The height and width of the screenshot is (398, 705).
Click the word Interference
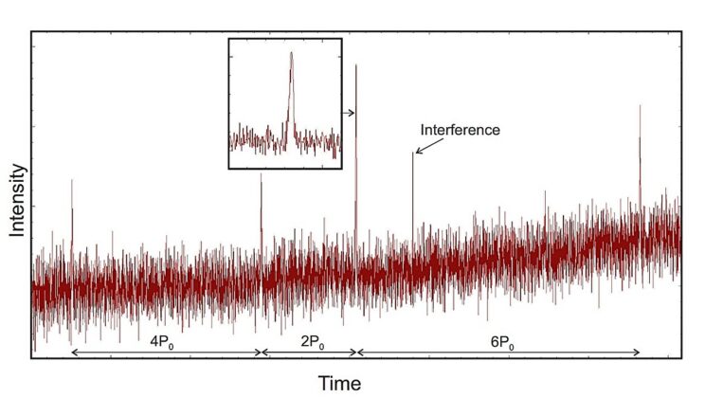coord(460,130)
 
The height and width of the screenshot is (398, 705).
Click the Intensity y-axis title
coord(18,199)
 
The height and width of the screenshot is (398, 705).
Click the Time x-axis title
coord(338,383)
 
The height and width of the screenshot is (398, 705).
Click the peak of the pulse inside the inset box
coord(291,53)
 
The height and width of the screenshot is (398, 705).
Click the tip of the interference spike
coord(413,153)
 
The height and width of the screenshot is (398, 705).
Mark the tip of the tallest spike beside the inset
coord(356,65)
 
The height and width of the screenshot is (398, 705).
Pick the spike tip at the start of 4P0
coord(72,179)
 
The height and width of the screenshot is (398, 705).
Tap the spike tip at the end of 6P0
coord(640,105)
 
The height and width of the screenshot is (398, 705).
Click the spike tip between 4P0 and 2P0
coord(262,174)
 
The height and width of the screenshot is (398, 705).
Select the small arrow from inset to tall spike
coord(349,113)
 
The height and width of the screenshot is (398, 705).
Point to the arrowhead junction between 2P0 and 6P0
coord(356,353)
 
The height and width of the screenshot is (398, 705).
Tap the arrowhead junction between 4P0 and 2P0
coord(262,353)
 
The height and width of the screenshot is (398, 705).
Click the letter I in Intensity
coord(18,233)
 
